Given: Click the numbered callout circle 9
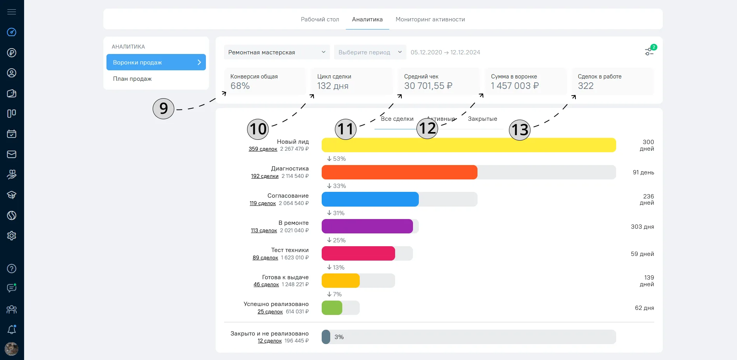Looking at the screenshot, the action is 164,108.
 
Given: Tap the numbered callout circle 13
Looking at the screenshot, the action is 520,129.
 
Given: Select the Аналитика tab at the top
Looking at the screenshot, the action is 367,19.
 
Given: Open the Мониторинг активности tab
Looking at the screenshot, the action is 430,19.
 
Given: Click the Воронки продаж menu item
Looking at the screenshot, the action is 156,62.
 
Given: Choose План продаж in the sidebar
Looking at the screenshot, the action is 132,79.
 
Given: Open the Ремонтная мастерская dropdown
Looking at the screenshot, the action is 277,52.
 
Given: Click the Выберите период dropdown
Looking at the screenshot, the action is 370,52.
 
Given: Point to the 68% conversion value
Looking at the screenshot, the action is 240,86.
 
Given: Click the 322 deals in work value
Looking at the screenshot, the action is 586,86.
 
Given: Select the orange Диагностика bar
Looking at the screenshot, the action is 399,172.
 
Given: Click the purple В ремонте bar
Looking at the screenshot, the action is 367,226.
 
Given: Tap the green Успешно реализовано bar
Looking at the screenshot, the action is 332,308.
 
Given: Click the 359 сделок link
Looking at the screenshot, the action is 263,149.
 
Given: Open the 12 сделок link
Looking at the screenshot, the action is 270,341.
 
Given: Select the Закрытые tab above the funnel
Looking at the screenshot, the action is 483,119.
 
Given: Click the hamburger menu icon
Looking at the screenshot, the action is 12,12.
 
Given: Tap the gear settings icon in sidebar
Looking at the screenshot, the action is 12,236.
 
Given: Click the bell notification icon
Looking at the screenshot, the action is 12,329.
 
